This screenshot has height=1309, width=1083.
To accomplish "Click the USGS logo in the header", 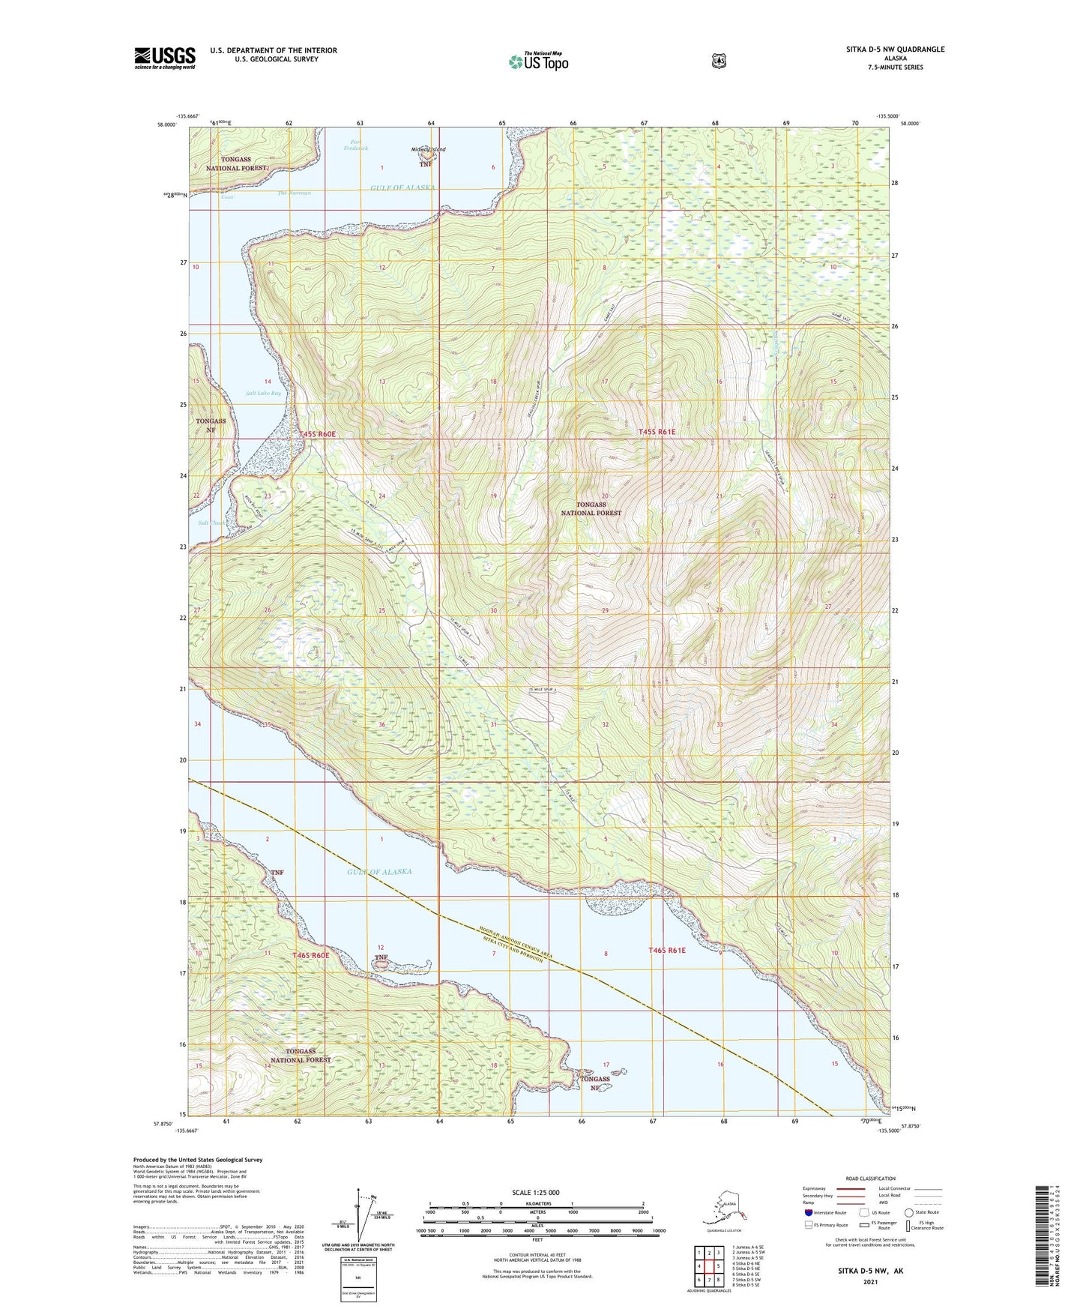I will point(165,58).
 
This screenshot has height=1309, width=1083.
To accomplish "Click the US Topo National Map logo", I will point(537,61).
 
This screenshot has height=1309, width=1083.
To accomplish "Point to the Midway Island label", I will point(428,149).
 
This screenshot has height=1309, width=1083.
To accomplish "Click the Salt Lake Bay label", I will point(264,393).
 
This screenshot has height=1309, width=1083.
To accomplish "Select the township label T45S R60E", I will point(317,434).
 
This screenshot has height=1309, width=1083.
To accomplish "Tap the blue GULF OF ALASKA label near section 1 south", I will point(379,872).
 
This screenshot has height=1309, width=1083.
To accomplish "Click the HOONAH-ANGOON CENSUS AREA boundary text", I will point(516,942).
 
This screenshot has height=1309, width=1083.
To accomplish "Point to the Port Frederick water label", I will point(356,145).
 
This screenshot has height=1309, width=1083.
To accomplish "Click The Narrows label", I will point(294,193).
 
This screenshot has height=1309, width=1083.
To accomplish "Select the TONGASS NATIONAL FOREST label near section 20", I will point(591,509).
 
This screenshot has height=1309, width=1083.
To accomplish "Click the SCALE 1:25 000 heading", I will point(535,1192).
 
